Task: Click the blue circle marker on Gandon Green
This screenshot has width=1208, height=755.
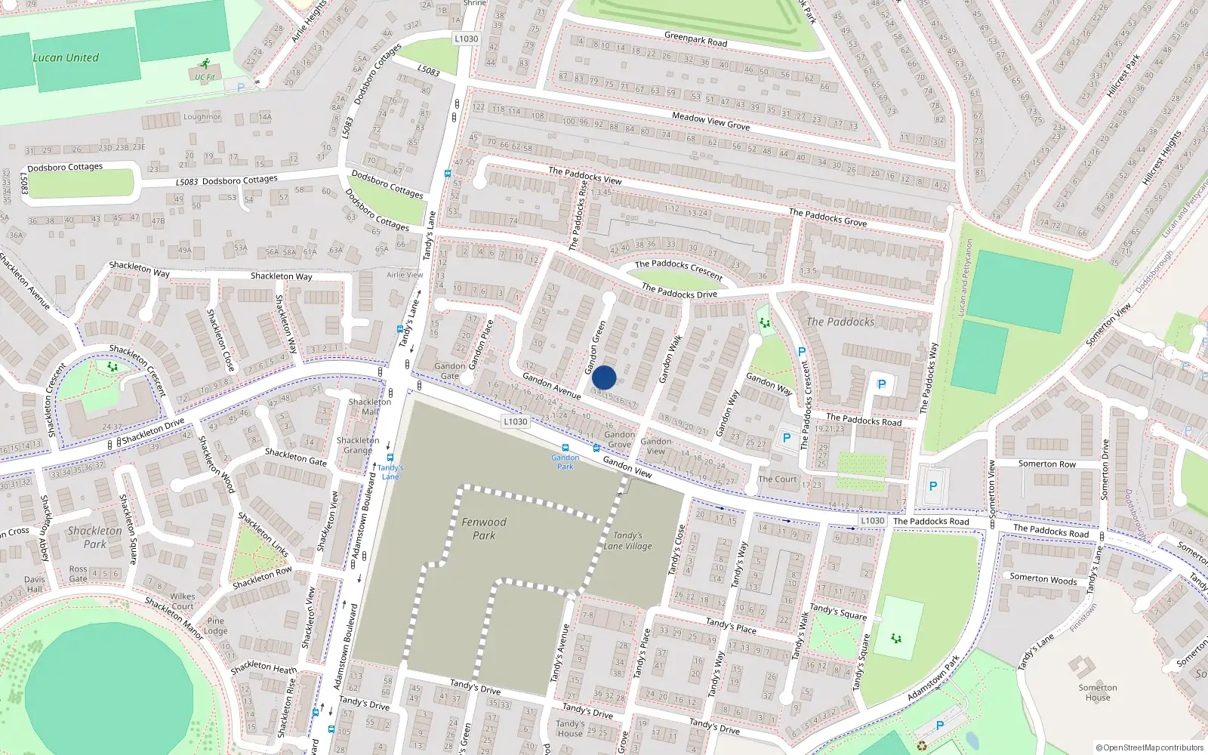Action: click(x=604, y=377)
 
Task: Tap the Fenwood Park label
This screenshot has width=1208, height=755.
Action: click(x=484, y=528)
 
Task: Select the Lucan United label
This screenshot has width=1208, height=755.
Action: click(x=66, y=57)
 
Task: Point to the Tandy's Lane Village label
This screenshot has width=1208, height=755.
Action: click(x=627, y=541)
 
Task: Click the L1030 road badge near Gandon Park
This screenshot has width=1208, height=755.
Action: click(x=515, y=421)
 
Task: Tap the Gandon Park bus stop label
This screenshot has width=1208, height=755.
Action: click(x=565, y=462)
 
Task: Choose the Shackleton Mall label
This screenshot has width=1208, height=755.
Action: click(x=369, y=407)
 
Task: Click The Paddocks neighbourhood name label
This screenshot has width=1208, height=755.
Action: click(x=840, y=322)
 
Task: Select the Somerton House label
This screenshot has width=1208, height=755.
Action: click(x=1097, y=692)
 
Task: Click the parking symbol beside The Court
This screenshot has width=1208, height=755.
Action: click(x=787, y=438)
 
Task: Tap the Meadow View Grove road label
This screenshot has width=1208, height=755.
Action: click(x=710, y=121)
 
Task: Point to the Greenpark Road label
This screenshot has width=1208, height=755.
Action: click(x=695, y=39)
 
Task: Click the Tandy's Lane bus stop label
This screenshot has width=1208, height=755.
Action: click(x=390, y=472)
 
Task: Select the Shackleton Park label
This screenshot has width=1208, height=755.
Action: click(x=94, y=537)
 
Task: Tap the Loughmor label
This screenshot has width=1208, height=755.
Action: click(x=202, y=117)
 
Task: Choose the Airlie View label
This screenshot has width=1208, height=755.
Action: click(x=405, y=275)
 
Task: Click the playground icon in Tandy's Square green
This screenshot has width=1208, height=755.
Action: click(x=896, y=639)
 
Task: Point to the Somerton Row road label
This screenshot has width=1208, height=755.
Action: click(x=1046, y=464)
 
